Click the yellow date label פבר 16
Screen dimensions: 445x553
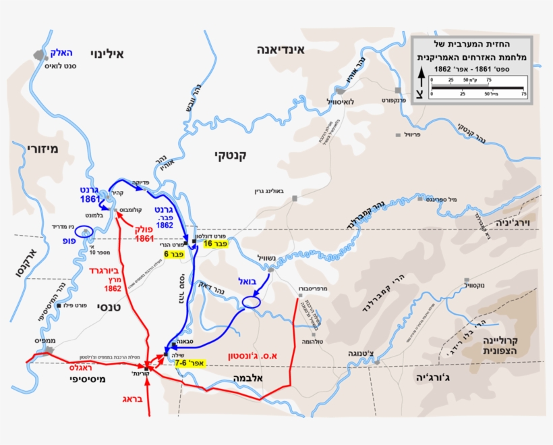click(216, 243)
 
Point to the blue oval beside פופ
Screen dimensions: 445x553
click(86, 232)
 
